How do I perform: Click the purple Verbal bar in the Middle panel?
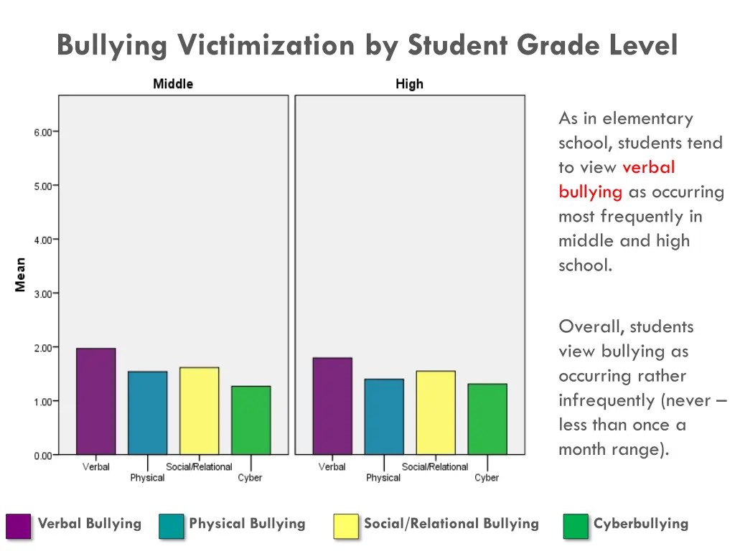[95, 401]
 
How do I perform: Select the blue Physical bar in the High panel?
[383, 416]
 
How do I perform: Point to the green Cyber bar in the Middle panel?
[251, 420]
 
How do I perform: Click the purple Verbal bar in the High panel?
[332, 405]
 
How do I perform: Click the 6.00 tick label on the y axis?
[42, 132]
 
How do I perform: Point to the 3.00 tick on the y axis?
[42, 293]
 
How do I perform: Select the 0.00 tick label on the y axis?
[42, 456]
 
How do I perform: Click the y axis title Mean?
[20, 275]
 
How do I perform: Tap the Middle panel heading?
[173, 84]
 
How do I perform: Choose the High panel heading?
[409, 84]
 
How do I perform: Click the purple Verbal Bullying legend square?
[19, 525]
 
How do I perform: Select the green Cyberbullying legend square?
[576, 525]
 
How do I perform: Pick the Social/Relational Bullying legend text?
[451, 524]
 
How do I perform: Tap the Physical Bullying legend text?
[247, 524]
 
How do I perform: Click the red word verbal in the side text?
[648, 167]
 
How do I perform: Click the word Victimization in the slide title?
[266, 46]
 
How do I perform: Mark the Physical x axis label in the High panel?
[383, 478]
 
